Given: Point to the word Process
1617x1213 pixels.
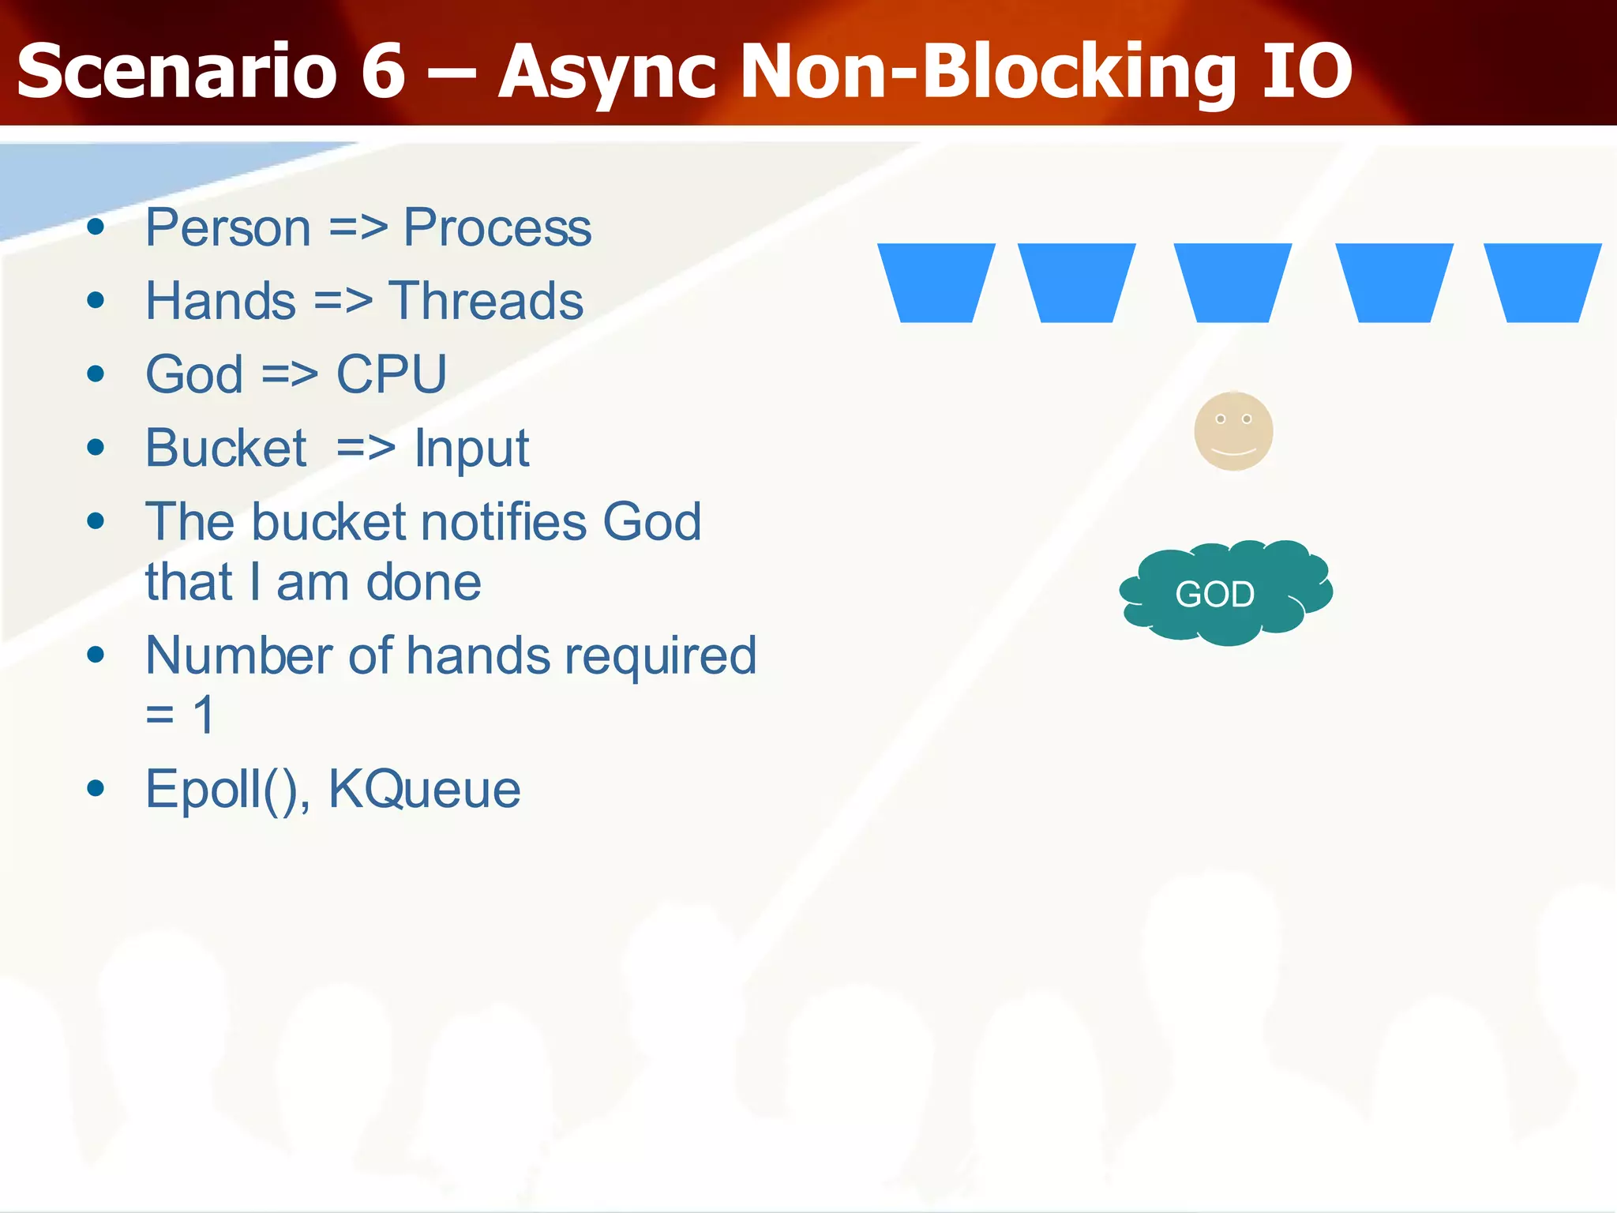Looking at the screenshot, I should [x=497, y=228].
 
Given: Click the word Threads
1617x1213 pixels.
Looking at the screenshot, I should [x=486, y=301].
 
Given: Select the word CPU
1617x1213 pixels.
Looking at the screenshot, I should [x=392, y=374].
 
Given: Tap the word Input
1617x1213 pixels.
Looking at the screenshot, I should [x=472, y=449].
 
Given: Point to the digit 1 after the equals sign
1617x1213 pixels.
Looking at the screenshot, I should [x=204, y=715].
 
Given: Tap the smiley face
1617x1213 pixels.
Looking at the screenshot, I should [x=1233, y=431].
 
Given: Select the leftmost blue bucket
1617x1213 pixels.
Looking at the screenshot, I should [x=936, y=282].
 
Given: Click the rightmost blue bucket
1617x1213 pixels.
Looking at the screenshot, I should [x=1543, y=282].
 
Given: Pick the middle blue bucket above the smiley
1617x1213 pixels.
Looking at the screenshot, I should [x=1233, y=282].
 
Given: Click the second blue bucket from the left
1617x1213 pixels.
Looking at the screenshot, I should [x=1077, y=282].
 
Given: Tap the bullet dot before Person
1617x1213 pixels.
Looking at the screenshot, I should [x=96, y=228].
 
